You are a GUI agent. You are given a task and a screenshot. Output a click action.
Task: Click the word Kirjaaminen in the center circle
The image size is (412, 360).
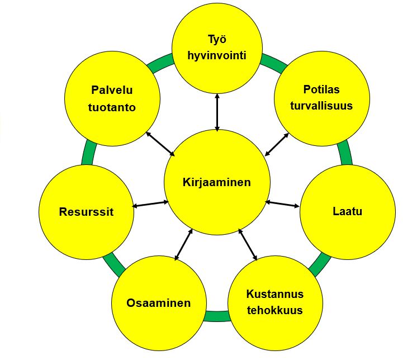tap(217, 182)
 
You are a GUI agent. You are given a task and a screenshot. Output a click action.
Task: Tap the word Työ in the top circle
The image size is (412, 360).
tap(217, 40)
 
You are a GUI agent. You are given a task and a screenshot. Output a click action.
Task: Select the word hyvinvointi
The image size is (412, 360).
tap(217, 56)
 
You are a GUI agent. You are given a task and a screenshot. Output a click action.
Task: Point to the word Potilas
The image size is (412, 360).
tap(321, 89)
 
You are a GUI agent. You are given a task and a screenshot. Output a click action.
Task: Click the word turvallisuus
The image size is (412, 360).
tap(321, 106)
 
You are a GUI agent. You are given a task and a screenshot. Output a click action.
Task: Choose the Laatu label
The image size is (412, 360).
tap(347, 211)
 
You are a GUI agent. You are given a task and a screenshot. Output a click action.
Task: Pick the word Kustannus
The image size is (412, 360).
tap(275, 294)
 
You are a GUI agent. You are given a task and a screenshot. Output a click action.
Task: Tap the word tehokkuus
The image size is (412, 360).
tap(275, 310)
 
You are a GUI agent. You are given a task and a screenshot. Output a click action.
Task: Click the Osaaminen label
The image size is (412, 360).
tap(158, 303)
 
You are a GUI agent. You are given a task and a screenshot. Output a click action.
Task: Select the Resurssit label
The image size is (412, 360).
tap(86, 212)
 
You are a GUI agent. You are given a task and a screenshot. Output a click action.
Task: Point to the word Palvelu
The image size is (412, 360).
tap(112, 90)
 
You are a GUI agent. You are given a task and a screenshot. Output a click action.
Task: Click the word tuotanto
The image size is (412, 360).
tap(112, 107)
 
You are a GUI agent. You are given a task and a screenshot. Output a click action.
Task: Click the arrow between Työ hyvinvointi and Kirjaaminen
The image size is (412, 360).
tap(217, 112)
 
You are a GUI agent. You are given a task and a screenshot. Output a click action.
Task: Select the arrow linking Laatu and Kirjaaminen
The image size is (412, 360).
tap(282, 204)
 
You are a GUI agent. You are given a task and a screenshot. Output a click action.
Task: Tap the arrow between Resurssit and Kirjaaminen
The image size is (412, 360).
tap(150, 204)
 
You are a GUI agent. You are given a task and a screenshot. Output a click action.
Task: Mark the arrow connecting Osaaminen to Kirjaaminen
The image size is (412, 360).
tap(184, 245)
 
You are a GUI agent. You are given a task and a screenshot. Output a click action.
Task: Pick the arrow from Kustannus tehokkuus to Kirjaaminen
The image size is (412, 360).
tap(248, 245)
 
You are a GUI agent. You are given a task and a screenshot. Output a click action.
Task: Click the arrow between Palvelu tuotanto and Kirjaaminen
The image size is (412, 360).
tap(160, 144)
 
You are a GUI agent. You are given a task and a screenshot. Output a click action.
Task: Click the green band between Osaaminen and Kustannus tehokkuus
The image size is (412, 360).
tap(217, 316)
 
